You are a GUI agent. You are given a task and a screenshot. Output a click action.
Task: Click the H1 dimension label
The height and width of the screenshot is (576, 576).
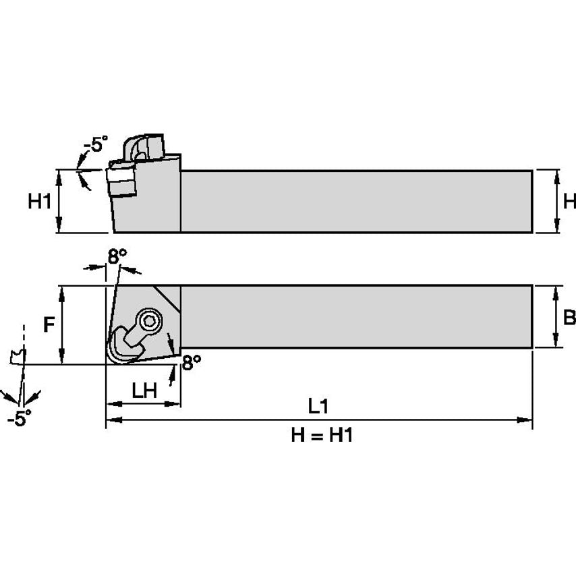pos(39,201)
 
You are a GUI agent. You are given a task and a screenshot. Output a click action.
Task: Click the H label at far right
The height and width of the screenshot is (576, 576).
pos(569,201)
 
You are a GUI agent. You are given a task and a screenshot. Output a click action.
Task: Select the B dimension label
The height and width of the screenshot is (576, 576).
pos(569,318)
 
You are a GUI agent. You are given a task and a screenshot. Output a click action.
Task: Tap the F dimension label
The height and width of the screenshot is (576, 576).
pos(49,325)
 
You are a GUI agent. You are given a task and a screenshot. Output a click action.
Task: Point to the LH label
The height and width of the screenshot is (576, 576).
pos(144,390)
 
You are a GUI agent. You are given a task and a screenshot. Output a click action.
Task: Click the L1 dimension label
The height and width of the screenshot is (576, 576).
pos(318,406)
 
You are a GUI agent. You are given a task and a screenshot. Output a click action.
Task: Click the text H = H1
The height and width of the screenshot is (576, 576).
pos(322,436)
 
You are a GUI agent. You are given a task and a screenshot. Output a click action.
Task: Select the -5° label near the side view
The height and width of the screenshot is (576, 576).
pos(95,144)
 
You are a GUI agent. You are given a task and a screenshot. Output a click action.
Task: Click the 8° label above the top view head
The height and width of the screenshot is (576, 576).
pos(117,256)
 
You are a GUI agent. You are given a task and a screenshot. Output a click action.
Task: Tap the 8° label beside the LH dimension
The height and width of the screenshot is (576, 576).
pos(192,362)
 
